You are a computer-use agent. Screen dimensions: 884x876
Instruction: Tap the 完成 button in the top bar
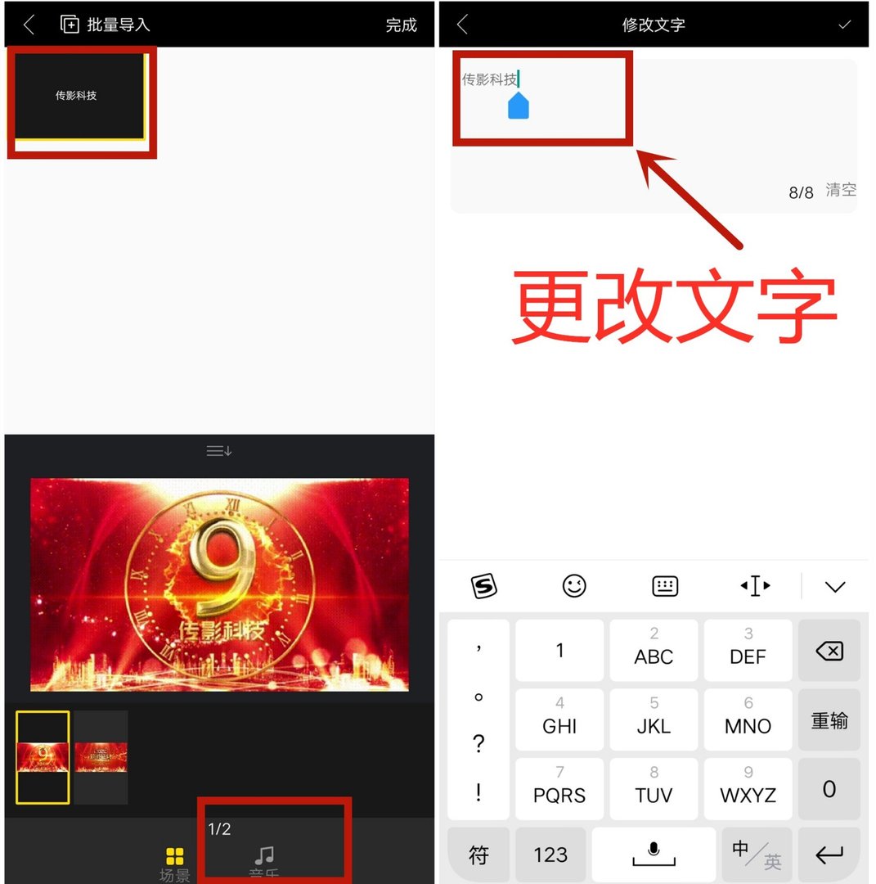pos(401,25)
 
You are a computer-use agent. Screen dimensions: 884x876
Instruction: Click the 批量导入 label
pos(118,25)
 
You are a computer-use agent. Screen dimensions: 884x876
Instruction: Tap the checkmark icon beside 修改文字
pos(844,25)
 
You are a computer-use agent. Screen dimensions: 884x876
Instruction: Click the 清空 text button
pos(841,190)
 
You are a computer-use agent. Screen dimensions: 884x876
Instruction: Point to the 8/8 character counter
pos(801,192)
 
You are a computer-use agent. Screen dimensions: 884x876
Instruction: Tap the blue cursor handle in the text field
pos(519,106)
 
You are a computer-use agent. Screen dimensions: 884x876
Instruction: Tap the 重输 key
pos(829,720)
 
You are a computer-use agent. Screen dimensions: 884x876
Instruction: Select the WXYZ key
pos(748,787)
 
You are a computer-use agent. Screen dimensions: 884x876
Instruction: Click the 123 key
pos(550,855)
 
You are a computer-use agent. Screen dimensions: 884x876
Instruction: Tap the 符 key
pos(478,855)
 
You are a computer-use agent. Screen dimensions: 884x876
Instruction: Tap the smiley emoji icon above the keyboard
pos(574,586)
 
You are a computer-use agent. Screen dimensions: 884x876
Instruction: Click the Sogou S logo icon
pos(484,586)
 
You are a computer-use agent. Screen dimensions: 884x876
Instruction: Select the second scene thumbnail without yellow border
pos(101,757)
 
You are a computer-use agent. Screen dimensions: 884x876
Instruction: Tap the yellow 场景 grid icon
pos(174,857)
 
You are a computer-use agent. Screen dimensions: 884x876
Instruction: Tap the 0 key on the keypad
pos(829,789)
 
